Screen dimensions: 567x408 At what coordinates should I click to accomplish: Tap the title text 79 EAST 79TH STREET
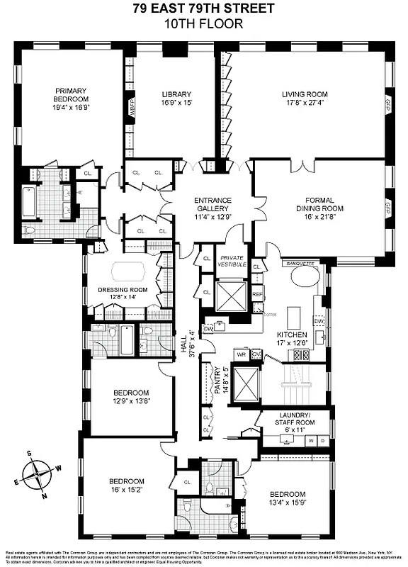(x=204, y=9)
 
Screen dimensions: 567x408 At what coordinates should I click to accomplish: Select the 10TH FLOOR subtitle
(x=204, y=23)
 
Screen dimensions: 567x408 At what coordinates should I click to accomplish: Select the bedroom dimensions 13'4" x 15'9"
(x=287, y=503)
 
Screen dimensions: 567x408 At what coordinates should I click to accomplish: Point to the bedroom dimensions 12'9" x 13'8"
(x=131, y=401)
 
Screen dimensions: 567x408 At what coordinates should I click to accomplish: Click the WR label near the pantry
(x=241, y=354)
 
